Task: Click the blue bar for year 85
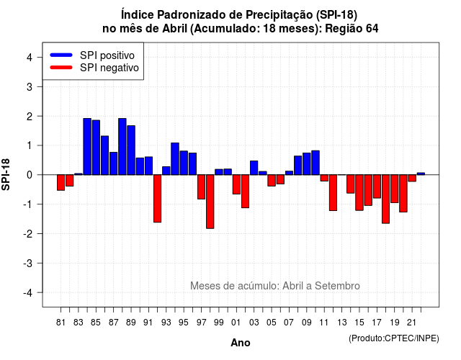(96, 148)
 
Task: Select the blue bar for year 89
(131, 150)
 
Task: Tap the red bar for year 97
(202, 187)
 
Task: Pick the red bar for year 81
(61, 182)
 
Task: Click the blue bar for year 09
(307, 163)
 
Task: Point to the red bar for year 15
(359, 192)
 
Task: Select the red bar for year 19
(395, 189)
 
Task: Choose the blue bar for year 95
(184, 163)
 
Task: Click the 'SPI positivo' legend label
(107, 55)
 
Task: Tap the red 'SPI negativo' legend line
(61, 68)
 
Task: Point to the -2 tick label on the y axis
(29, 234)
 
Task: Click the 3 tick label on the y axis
(30, 87)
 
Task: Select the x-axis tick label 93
(166, 323)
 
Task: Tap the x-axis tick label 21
(412, 323)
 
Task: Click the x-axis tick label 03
(254, 323)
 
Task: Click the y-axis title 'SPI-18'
(6, 174)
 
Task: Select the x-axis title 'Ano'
(241, 343)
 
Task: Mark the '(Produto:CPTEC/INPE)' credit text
(394, 338)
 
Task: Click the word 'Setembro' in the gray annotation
(337, 286)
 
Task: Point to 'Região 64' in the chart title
(352, 29)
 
